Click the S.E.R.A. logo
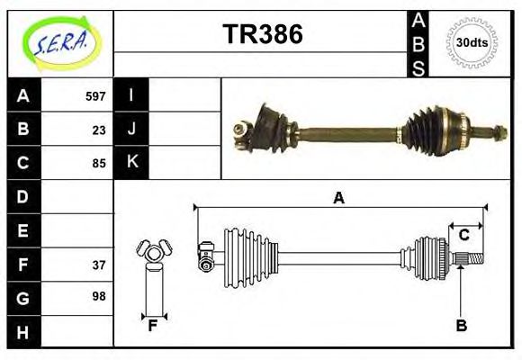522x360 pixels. tap(59, 41)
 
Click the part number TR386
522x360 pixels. tap(262, 34)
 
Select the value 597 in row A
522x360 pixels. tap(95, 96)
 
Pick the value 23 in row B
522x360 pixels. tap(99, 130)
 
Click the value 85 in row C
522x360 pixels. tap(99, 164)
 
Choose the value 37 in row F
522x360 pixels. tap(99, 265)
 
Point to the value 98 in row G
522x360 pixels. tap(99, 295)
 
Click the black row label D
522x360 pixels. tap(22, 196)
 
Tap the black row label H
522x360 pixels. tap(22, 332)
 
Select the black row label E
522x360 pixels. tap(22, 231)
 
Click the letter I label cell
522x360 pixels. tap(131, 95)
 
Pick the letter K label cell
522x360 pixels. tap(131, 162)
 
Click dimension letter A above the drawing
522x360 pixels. tap(338, 198)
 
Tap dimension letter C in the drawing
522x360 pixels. tap(463, 235)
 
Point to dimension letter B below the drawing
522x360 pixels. tap(461, 326)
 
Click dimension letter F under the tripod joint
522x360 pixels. tap(153, 326)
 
